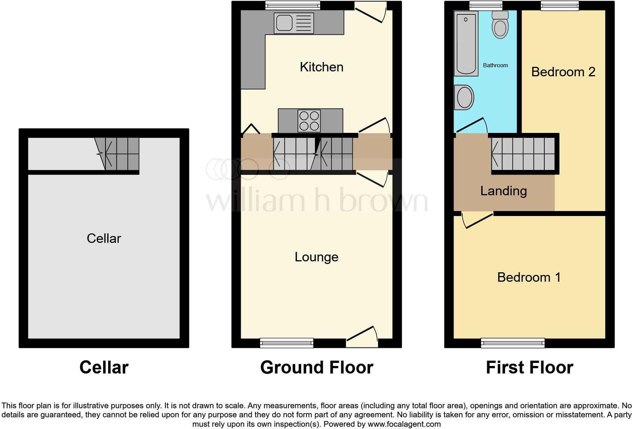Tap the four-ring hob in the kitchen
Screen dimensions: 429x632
click(x=309, y=121)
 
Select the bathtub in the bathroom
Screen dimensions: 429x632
click(x=466, y=43)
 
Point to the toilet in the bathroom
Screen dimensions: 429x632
click(x=500, y=25)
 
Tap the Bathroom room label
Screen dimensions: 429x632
click(x=495, y=65)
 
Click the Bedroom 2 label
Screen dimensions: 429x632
click(x=563, y=72)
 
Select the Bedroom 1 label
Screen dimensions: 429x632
click(x=528, y=277)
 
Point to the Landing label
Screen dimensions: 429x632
click(x=503, y=191)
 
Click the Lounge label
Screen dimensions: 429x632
click(x=316, y=257)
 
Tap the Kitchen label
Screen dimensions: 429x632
click(x=321, y=67)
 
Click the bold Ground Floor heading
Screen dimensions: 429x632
click(x=316, y=367)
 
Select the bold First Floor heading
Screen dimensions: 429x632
click(x=529, y=367)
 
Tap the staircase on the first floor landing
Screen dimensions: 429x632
click(x=523, y=153)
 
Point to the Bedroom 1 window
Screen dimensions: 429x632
click(x=513, y=343)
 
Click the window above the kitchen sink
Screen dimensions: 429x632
click(x=293, y=5)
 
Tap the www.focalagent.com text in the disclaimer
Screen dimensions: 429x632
click(x=404, y=424)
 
